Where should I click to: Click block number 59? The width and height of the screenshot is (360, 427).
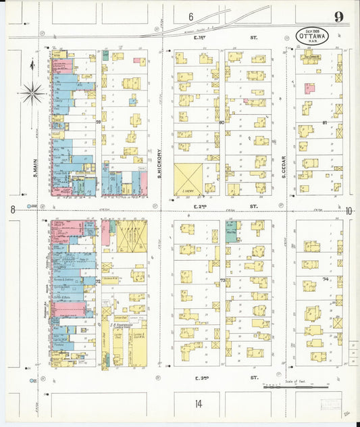(x=98, y=122)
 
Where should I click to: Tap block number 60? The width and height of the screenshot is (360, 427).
(x=221, y=122)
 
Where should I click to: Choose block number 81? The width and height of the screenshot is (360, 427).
(x=324, y=122)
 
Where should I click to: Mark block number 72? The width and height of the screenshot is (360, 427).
(x=98, y=280)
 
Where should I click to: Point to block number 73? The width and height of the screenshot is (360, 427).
(x=222, y=280)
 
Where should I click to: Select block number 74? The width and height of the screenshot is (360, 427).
(x=325, y=278)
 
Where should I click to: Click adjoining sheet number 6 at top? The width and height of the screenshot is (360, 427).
(x=190, y=16)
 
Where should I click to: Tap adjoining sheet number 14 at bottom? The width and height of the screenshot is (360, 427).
(x=198, y=403)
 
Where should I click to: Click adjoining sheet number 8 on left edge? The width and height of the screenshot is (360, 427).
(x=12, y=210)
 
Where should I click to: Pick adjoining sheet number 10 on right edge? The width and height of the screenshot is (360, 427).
(x=349, y=211)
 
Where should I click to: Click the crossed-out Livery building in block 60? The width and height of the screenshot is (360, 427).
(x=188, y=180)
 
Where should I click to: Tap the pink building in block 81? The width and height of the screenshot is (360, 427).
(x=309, y=88)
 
